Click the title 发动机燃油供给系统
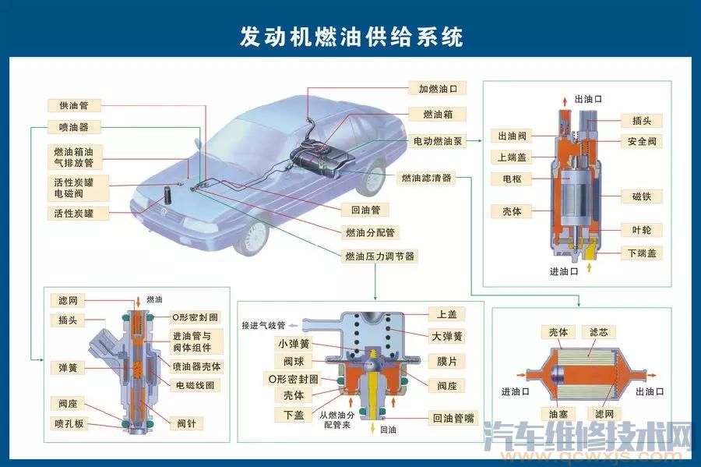pos(351,36)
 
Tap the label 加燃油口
pos(438,89)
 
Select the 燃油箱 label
pos(438,115)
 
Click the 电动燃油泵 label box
pos(438,141)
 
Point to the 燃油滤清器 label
pos(426,178)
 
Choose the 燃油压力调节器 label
pos(379,256)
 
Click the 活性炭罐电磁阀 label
pos(77,188)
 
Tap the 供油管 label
pos(74,105)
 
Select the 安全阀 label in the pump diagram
pos(642,141)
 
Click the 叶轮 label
pos(642,230)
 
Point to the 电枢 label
pos(512,179)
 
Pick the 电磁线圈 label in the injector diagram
pos(195,385)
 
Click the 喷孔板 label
pos(69,423)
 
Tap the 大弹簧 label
pos(446,336)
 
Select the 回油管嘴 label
pos(453,418)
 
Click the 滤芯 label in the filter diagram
pos(599,332)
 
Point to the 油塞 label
pos(558,414)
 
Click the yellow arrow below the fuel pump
pos(589,267)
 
